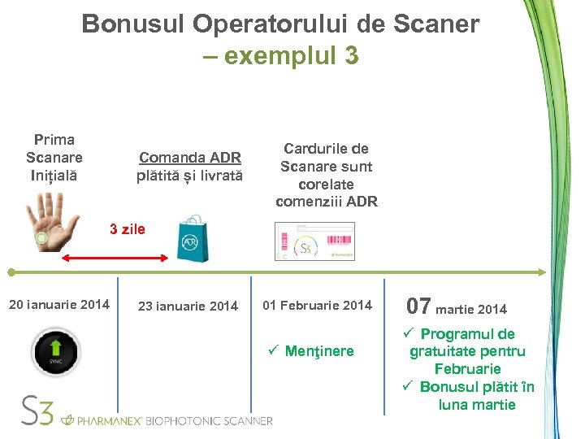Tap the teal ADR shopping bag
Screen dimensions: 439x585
click(193, 239)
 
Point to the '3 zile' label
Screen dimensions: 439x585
click(128, 229)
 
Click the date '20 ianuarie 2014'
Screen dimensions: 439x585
click(58, 305)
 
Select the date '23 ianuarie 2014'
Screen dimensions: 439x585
click(188, 306)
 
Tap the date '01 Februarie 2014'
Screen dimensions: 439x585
click(317, 306)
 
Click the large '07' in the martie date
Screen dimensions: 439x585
click(418, 306)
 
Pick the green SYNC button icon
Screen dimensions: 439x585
click(56, 351)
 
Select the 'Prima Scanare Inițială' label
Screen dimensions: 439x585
click(54, 158)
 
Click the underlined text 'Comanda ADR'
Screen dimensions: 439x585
click(189, 158)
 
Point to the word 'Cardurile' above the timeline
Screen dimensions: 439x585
click(326, 149)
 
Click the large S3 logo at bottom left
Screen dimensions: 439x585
click(37, 411)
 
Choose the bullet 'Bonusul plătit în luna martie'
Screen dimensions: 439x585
click(476, 395)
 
